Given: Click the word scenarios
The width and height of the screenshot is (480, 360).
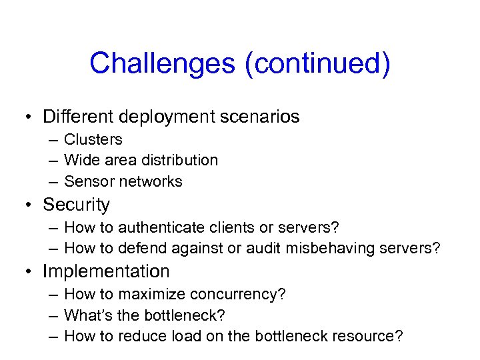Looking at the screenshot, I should (260, 117).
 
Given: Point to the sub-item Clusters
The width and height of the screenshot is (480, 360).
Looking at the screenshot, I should (93, 139).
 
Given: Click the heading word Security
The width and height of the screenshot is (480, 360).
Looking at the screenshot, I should (76, 205).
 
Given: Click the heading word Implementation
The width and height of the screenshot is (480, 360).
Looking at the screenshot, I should (106, 272).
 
